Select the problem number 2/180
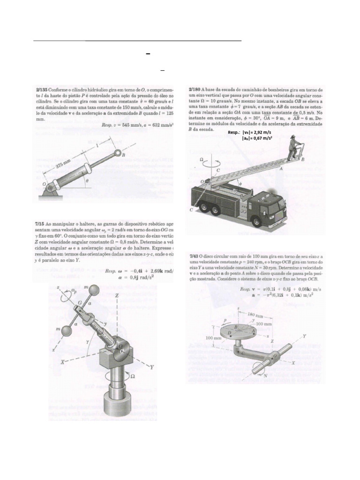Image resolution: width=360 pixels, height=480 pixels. point(196,88)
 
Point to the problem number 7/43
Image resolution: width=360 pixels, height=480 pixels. point(195,256)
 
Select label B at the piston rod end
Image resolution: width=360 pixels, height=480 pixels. point(123,154)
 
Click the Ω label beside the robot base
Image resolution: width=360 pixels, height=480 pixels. point(133,376)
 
